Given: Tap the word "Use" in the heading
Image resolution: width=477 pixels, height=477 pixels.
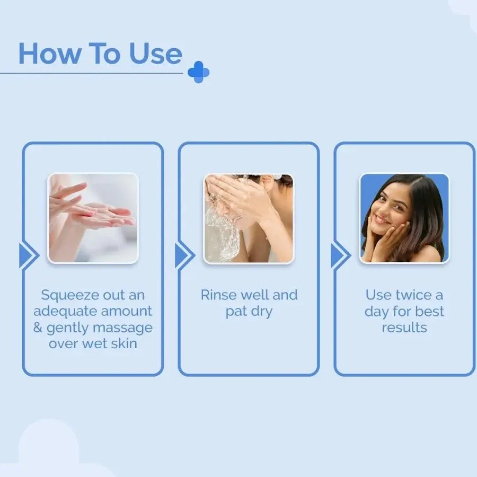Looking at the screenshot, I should point(156,54).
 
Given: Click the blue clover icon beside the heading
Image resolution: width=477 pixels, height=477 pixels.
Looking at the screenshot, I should point(198,72).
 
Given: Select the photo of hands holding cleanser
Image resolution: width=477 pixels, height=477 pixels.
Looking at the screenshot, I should point(93,218).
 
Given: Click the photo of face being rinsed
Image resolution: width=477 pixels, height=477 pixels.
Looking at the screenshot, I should point(249,218).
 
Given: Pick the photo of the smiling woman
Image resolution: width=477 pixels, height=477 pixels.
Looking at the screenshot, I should point(404,218).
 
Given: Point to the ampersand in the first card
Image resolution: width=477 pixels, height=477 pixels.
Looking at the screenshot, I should point(38,328).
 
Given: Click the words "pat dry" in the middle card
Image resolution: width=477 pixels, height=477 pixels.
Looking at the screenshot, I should point(249,312).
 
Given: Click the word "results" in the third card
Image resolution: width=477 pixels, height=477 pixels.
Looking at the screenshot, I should point(404,328).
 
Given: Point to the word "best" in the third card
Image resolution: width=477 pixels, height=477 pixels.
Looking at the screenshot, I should point(429,311).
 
